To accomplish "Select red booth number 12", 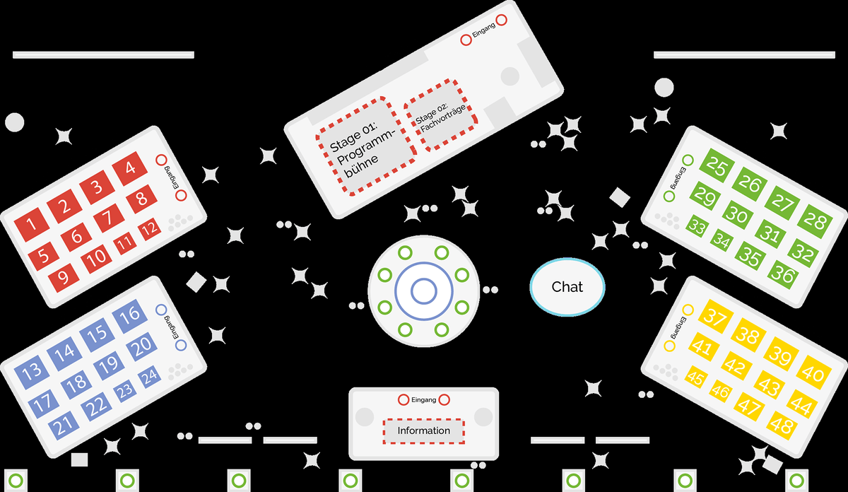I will (x=149, y=229).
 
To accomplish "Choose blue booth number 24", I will (x=149, y=377).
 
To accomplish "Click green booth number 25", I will (x=717, y=168).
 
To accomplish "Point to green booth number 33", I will (x=697, y=228).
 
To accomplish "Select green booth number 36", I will (x=783, y=272).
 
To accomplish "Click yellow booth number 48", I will (x=783, y=426).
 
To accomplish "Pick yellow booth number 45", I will (x=696, y=379).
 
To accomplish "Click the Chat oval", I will (x=567, y=286).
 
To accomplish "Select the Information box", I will (x=424, y=430).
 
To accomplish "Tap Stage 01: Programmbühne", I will (x=365, y=146).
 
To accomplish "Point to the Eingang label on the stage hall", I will (x=484, y=30).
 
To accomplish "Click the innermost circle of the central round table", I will (x=423, y=290).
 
